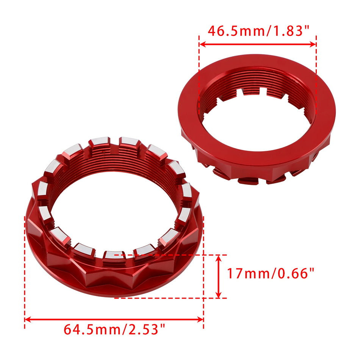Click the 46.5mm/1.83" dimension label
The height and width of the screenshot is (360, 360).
coord(257,30)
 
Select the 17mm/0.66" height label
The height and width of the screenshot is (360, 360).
coord(271,273)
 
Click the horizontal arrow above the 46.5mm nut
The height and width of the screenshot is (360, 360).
coord(257,44)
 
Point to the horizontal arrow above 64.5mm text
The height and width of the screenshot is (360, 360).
coord(114,319)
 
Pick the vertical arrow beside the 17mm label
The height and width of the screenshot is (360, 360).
coord(218,276)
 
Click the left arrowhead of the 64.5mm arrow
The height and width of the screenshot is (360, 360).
coord(27,319)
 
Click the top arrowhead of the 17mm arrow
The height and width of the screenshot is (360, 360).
coord(218,258)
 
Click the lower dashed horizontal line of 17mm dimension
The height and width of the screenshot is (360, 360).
coord(171,298)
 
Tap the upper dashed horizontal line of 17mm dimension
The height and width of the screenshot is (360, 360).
coord(171,255)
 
